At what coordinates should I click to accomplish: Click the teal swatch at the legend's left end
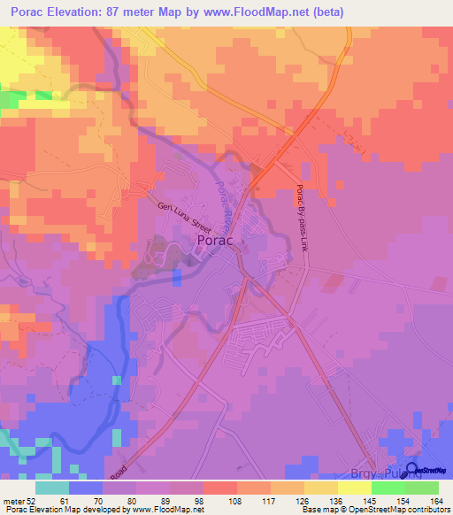52,488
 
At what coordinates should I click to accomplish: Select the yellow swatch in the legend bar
353,488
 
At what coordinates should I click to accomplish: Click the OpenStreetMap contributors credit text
390,510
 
